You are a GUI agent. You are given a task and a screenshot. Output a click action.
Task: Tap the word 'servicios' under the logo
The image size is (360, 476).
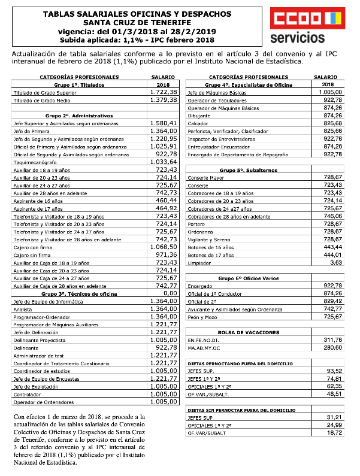tap(298, 39)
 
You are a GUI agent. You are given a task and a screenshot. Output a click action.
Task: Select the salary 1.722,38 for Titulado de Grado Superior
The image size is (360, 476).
tap(164, 92)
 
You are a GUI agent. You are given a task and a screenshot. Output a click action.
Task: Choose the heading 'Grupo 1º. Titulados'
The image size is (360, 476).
tap(74, 85)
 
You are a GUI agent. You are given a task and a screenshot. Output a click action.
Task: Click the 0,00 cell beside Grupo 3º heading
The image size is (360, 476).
tap(171, 293)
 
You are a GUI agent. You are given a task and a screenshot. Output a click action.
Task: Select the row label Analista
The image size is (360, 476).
tap(23, 309)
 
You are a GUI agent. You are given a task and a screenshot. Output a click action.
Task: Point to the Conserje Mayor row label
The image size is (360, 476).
tap(205, 178)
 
